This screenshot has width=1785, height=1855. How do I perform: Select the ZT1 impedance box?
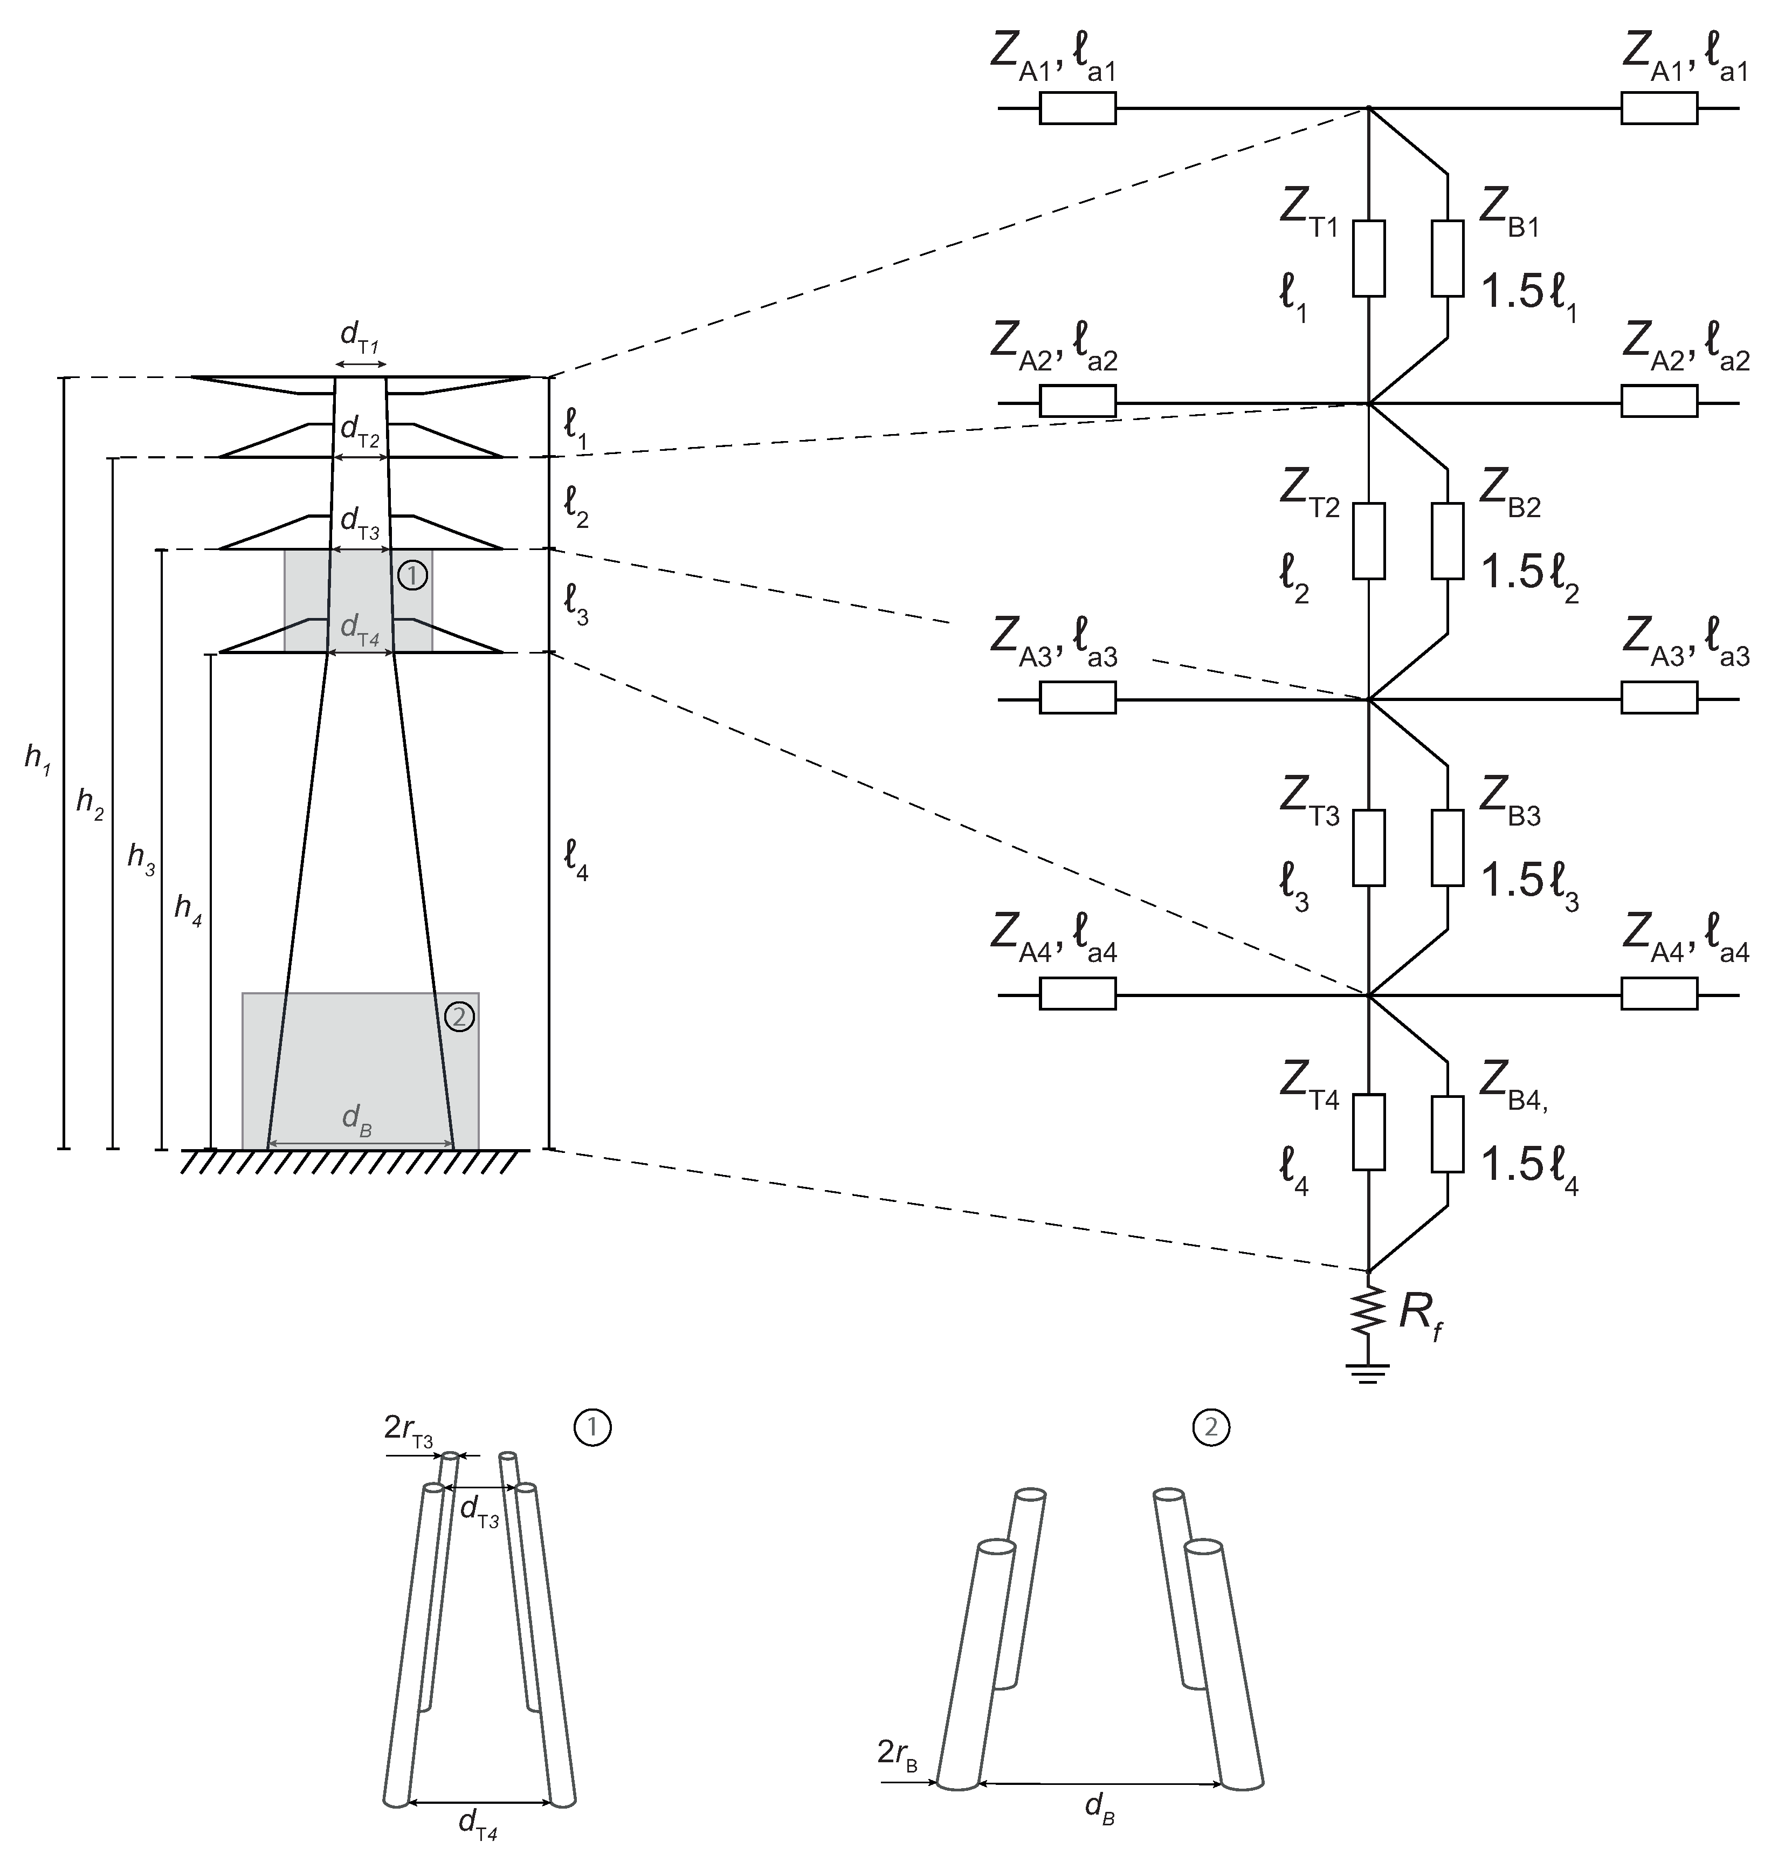(1369, 258)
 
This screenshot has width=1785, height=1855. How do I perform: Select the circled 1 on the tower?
(412, 574)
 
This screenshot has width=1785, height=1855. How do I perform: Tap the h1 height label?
(37, 759)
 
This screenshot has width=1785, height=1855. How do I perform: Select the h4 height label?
(187, 910)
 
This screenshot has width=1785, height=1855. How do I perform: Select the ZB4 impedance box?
(1448, 1133)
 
